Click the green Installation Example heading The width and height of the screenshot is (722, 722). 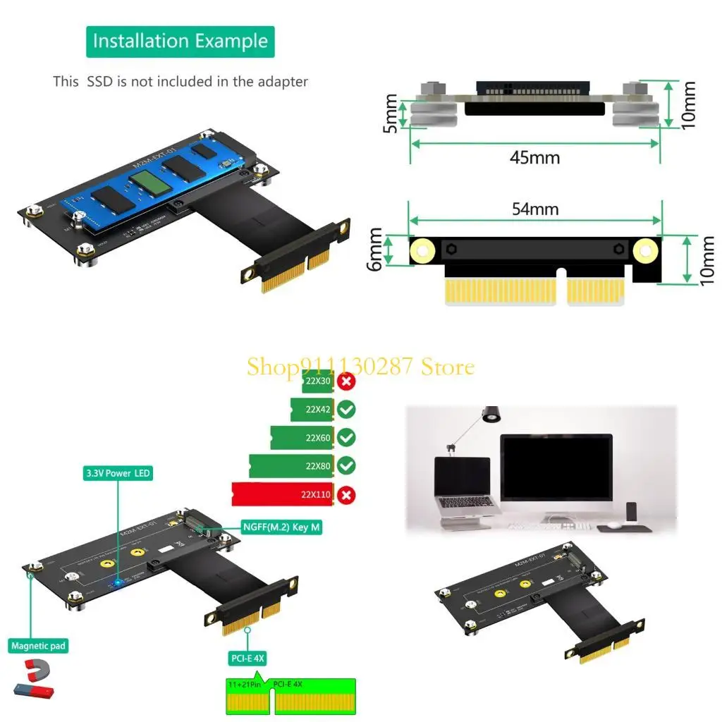click(180, 42)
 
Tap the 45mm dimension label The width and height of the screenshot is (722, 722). click(534, 157)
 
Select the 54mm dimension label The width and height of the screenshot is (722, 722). click(534, 209)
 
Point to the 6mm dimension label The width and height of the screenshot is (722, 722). click(376, 251)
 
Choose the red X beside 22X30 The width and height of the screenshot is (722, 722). click(345, 382)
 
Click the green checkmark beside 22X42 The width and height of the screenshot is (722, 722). click(345, 410)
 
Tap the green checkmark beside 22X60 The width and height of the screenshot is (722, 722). click(345, 438)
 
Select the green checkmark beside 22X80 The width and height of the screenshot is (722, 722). click(345, 465)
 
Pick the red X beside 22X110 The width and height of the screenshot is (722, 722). click(345, 495)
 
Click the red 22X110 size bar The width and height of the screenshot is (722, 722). click(282, 495)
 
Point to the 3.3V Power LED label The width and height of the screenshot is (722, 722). click(118, 473)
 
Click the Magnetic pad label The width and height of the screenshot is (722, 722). click(39, 645)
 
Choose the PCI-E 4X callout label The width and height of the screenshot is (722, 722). click(247, 659)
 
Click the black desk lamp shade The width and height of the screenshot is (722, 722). click(491, 415)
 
